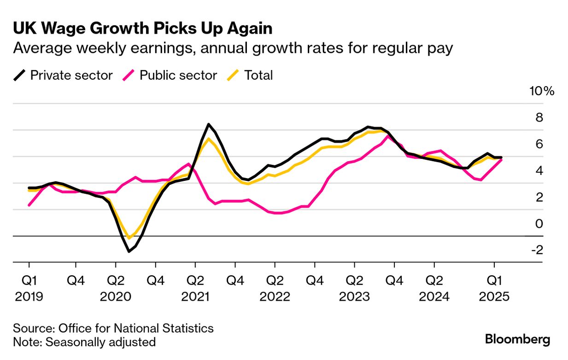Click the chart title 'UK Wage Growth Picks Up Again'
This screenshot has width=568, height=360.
pyautogui.click(x=143, y=29)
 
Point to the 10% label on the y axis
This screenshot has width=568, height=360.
pyautogui.click(x=542, y=91)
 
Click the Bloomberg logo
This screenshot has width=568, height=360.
pyautogui.click(x=517, y=340)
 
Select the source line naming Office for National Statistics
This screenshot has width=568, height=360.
pyautogui.click(x=113, y=328)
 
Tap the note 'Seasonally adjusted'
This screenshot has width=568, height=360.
pyautogui.click(x=84, y=342)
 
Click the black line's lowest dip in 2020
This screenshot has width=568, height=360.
pyautogui.click(x=129, y=251)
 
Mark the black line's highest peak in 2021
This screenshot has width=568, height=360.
pyautogui.click(x=209, y=124)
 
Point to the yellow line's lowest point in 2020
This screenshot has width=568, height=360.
pyautogui.click(x=129, y=238)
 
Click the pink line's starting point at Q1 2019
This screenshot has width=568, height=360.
pyautogui.click(x=29, y=205)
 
